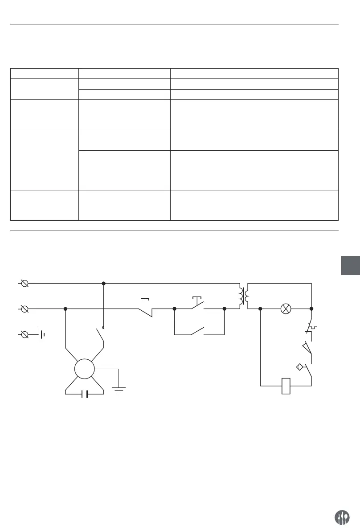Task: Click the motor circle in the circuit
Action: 85,369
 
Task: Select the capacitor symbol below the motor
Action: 85,394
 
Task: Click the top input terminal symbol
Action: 25,283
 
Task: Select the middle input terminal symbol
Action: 25,308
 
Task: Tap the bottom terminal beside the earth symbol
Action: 25,333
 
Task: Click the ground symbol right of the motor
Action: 119,388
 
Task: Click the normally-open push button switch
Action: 197,305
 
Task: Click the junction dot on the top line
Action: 103,283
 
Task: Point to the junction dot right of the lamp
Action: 311,308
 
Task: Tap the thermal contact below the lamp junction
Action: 310,328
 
